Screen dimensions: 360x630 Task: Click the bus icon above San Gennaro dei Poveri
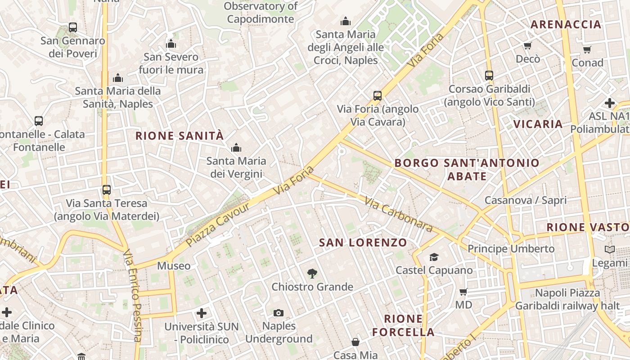73,27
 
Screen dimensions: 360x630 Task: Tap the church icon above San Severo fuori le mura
171,44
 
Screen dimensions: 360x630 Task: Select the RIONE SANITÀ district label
180,135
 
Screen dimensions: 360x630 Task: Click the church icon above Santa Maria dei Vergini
236,148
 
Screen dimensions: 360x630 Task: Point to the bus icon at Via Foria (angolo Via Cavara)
378,95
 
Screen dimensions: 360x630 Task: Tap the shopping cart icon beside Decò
528,45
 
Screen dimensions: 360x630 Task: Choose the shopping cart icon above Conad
587,49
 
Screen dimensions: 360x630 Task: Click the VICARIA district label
538,124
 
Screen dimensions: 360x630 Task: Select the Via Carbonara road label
399,215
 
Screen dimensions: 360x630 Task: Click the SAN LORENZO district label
363,243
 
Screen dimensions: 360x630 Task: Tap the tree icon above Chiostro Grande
312,273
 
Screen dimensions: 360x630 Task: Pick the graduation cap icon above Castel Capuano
434,257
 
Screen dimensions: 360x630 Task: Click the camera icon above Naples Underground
279,313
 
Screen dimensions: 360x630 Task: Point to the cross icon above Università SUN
202,313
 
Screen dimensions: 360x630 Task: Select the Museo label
174,266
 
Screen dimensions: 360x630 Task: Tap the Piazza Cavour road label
218,225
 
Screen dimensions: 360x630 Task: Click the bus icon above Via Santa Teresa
107,190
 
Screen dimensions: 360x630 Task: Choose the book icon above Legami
610,249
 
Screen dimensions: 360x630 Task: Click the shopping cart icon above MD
463,292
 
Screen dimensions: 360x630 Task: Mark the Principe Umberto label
511,248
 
